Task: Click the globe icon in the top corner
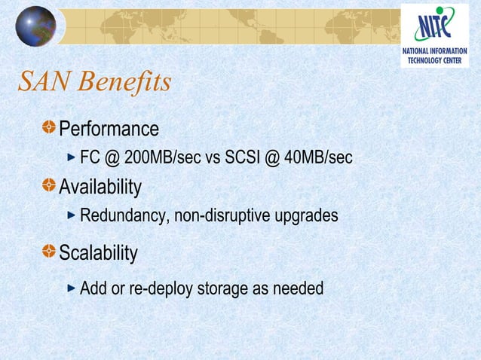[35, 26]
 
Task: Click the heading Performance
[109, 129]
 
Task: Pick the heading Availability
[100, 186]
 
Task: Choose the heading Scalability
[98, 253]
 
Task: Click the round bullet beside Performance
[49, 128]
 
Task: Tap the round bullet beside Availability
[49, 185]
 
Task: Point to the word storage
[222, 288]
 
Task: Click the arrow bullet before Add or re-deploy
[72, 288]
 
